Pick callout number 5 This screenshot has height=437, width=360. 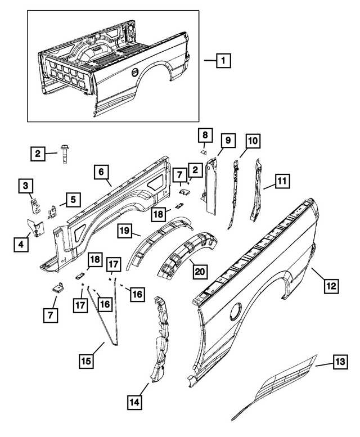tap(73, 199)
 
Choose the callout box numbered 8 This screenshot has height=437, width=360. tap(205, 136)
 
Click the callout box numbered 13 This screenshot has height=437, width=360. tap(339, 364)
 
